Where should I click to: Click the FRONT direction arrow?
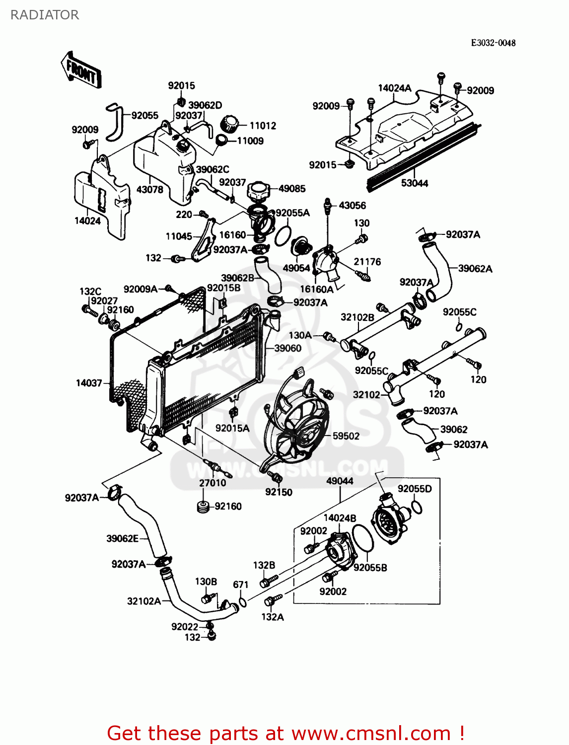coord(81,71)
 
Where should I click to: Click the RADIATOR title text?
coord(45,15)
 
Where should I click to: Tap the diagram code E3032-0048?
coord(493,43)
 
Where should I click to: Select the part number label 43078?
coord(149,189)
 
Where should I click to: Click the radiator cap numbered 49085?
coord(259,190)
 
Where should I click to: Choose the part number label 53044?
coord(415,183)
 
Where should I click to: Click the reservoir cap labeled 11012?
coord(230,124)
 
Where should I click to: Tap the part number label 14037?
coord(89,383)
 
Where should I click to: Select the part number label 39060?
coord(288,348)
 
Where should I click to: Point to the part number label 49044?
coord(340,481)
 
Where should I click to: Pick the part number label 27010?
coord(213,483)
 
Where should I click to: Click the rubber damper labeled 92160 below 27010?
coord(203,507)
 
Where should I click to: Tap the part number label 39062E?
coord(122,538)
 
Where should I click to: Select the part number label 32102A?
coord(144,601)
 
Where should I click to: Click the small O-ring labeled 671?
coord(242,602)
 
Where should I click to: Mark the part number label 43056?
coord(352,205)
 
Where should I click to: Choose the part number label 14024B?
coord(340,518)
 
